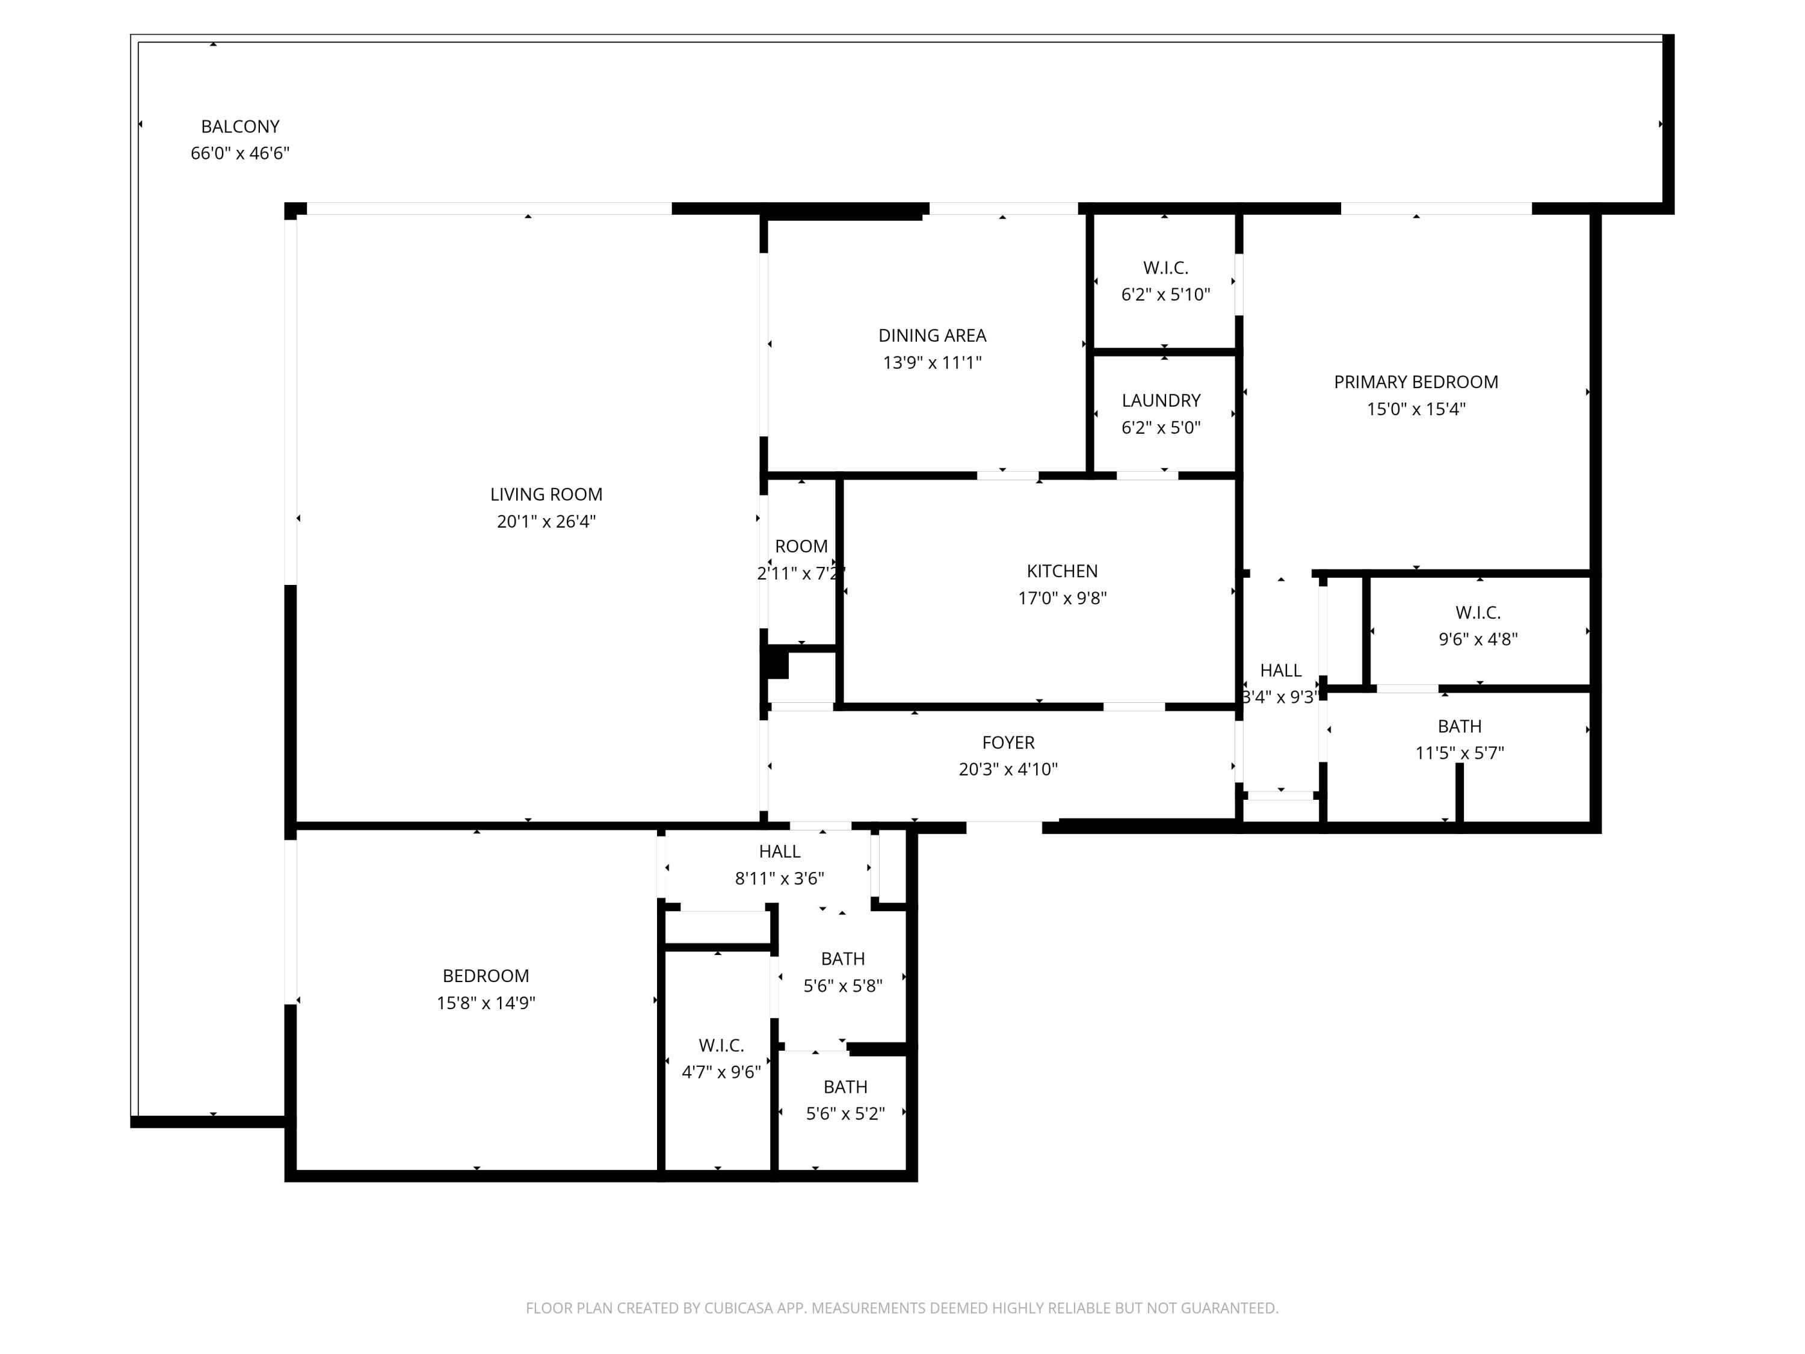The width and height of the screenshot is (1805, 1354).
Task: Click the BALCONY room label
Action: [240, 126]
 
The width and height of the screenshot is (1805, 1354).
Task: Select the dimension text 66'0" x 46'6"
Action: [240, 153]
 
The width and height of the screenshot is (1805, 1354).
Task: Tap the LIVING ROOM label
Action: [546, 495]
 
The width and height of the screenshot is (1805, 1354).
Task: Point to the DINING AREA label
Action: [932, 335]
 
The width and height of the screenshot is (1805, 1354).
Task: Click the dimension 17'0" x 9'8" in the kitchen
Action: [1061, 598]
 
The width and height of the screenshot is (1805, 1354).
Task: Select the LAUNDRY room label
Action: [1161, 401]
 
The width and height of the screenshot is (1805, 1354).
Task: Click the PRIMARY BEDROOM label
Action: [1416, 382]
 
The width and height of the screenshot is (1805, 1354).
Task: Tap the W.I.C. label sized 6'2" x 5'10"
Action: [1165, 268]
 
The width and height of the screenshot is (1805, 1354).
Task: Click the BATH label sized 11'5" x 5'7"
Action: [1459, 726]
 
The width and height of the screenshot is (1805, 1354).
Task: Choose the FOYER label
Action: [1008, 743]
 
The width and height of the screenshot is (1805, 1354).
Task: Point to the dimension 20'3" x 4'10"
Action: [1008, 769]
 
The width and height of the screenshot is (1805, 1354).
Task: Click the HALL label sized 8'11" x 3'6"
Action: [779, 852]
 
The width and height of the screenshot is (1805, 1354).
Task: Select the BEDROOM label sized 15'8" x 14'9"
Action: [486, 976]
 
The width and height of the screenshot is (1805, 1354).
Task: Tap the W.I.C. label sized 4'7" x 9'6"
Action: [721, 1045]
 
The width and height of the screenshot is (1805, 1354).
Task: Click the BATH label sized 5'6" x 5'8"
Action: [842, 959]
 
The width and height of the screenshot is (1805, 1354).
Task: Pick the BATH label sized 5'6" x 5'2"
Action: [845, 1087]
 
